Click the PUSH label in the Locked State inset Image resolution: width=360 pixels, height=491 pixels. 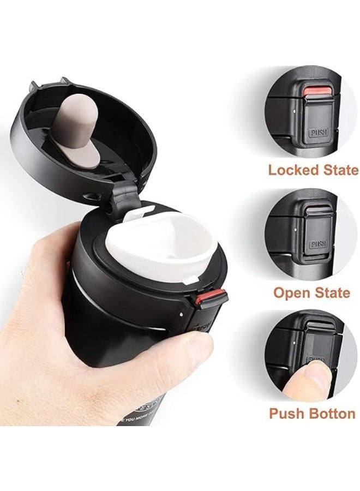316,133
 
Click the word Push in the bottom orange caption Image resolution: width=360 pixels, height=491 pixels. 287,413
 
